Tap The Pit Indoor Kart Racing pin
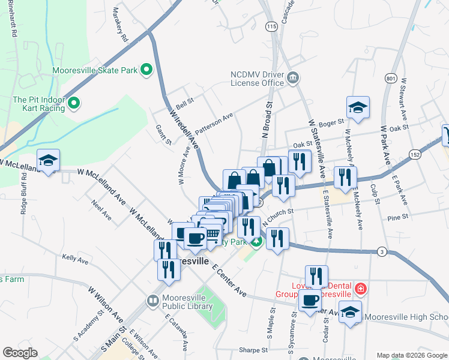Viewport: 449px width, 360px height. [x=74, y=104]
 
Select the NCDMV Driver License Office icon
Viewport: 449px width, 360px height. [x=294, y=77]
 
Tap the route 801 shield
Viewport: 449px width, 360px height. [x=391, y=78]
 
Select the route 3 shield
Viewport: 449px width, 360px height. [x=382, y=251]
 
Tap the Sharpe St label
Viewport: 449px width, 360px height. [x=252, y=349]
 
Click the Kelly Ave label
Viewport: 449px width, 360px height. [x=75, y=259]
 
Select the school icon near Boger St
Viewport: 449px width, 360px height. [x=358, y=108]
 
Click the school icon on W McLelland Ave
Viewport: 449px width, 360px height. [x=48, y=160]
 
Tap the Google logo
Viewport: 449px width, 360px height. [x=20, y=353]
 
